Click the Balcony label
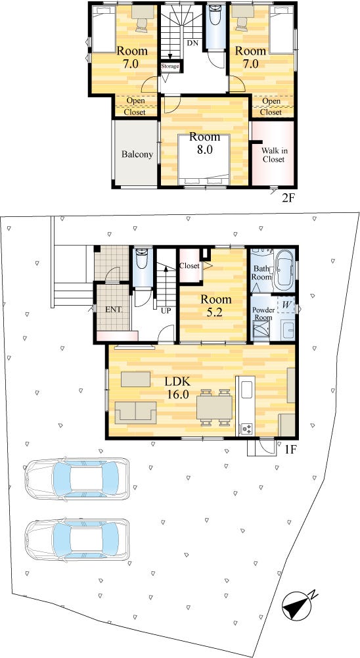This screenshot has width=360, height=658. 137,154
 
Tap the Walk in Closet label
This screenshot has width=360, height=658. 273,155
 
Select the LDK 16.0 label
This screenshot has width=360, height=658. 177,387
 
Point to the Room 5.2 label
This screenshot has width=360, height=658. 215,304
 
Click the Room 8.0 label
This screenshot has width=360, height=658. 204,143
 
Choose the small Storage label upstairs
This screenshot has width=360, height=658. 170,66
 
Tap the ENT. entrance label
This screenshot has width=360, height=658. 113,310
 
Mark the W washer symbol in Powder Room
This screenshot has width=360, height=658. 285,305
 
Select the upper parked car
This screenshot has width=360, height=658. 77,478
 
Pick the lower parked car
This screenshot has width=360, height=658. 77,539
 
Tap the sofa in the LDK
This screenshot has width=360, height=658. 135,413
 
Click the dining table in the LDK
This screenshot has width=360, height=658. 214,408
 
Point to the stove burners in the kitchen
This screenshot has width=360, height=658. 246,429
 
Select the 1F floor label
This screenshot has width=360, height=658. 291,450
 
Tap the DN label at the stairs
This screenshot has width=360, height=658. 192,43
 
